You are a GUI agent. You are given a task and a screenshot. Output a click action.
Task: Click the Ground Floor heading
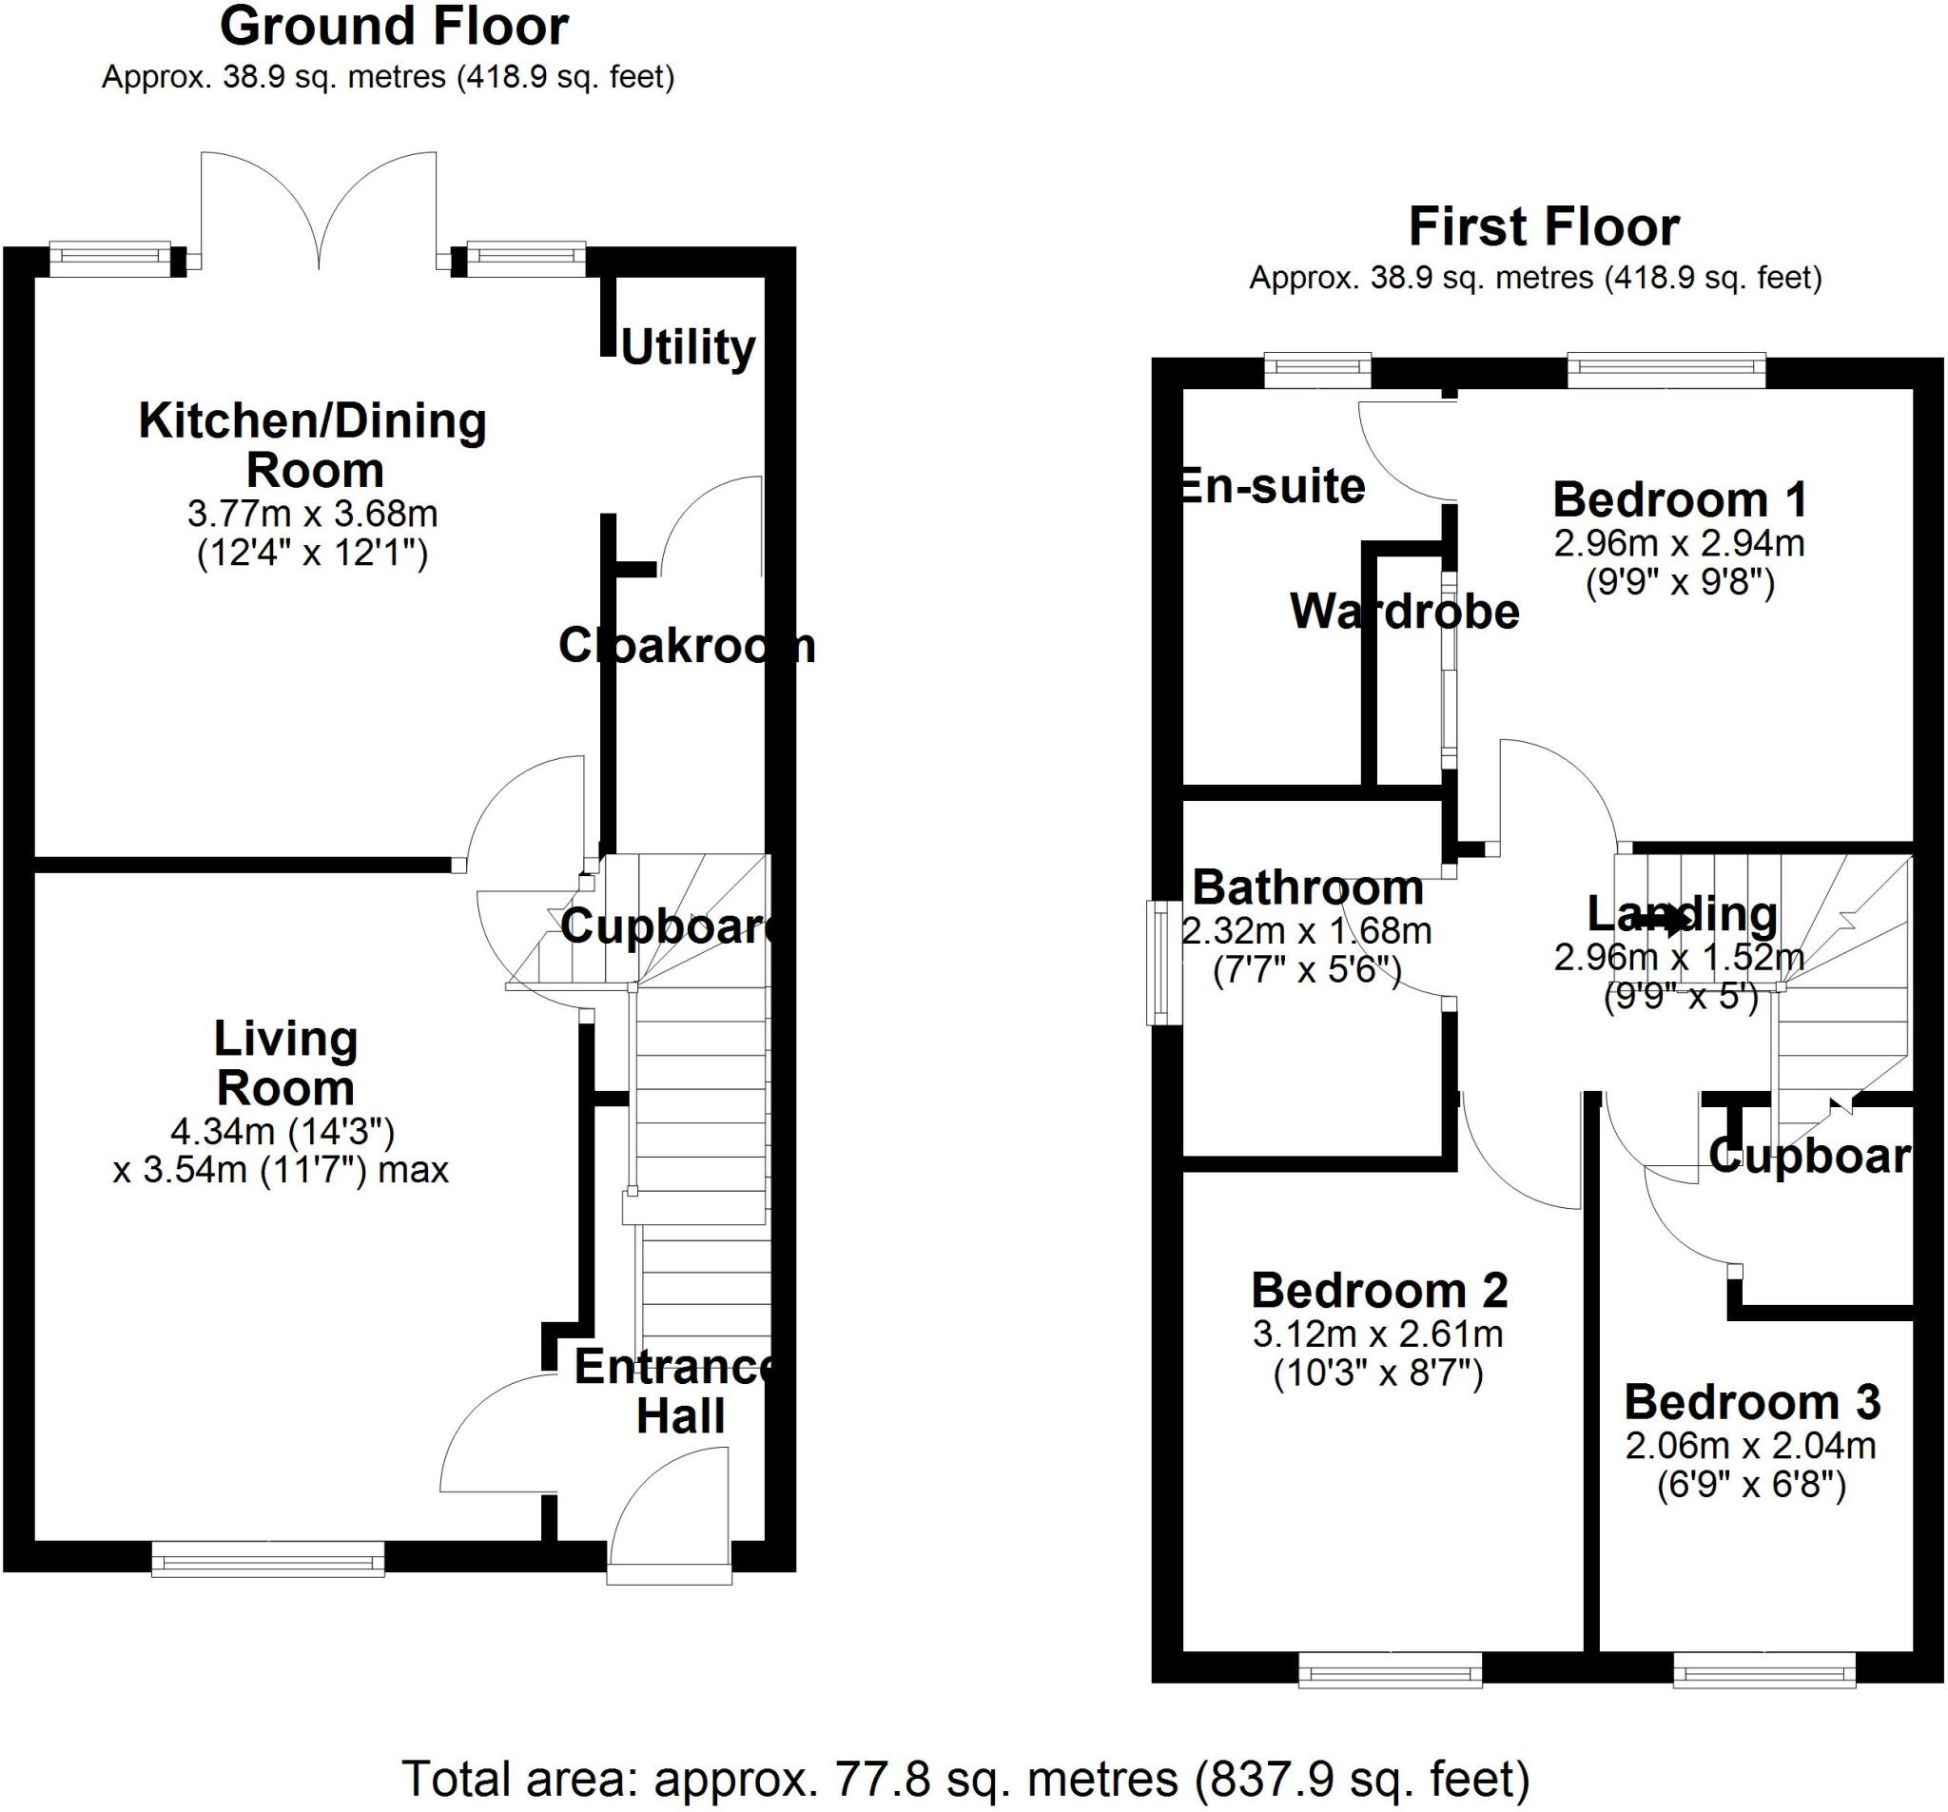[394, 28]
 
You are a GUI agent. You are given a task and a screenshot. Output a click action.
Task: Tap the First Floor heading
[1544, 227]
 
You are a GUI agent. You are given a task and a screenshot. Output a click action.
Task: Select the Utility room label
[688, 348]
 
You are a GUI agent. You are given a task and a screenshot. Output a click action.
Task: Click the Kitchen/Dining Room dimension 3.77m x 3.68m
[313, 514]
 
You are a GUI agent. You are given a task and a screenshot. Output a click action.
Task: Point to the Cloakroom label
[686, 646]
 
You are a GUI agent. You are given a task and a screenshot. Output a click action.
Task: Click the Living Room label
[285, 1063]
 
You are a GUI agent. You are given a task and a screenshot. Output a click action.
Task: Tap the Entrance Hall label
[678, 1391]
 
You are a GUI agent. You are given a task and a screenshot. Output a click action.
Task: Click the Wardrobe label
[1404, 613]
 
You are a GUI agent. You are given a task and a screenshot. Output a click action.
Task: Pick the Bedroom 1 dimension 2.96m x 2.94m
[1680, 543]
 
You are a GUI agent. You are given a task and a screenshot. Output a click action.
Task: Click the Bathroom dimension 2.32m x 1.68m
[1307, 931]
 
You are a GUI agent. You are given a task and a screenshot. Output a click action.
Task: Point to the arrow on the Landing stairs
[1663, 920]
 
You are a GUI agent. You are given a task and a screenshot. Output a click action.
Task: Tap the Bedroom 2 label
[1378, 1292]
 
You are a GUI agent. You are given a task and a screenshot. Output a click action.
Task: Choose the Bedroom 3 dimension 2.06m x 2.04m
[1751, 1447]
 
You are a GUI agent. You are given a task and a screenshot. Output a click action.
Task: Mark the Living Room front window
[267, 1558]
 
